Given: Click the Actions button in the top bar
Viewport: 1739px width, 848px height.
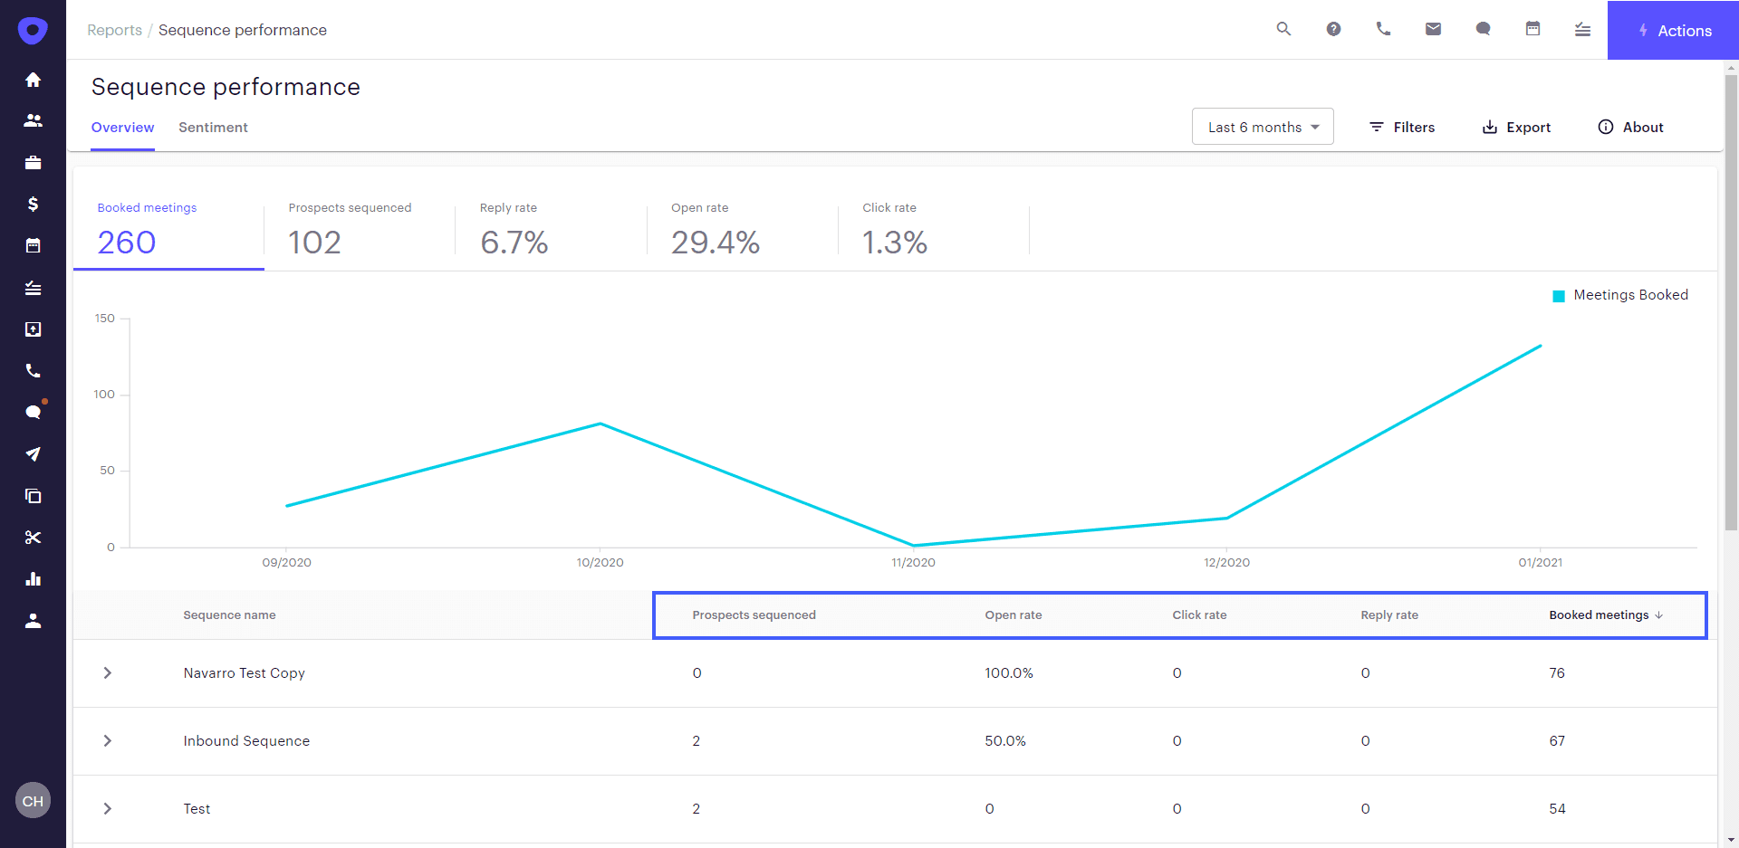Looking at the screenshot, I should click(1674, 31).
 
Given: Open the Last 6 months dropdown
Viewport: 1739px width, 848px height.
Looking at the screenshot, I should click(1263, 127).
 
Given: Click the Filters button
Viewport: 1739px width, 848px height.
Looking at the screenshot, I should click(1402, 127).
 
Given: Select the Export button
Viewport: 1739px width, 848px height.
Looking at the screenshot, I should click(1516, 127).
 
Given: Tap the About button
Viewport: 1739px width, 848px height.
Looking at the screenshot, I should click(1630, 127).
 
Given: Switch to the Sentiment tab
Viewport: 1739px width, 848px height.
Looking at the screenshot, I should click(213, 128).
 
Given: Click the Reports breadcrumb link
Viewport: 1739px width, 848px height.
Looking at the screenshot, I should click(114, 30).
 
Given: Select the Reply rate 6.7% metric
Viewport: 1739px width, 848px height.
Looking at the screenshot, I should click(514, 242).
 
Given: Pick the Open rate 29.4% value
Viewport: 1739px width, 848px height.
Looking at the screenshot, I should click(715, 242).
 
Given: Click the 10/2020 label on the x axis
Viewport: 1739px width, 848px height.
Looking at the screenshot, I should click(600, 562).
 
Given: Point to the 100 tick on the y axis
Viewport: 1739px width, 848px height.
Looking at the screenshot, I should click(104, 395).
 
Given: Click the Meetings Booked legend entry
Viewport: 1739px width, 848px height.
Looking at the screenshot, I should click(1621, 295).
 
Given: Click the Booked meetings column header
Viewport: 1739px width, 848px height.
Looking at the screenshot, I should click(1600, 615).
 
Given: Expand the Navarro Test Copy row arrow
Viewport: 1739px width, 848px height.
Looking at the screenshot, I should click(108, 673).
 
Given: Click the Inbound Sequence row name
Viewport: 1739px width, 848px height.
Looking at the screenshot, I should click(246, 741).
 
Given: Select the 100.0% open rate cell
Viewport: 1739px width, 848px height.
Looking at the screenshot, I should click(1009, 673).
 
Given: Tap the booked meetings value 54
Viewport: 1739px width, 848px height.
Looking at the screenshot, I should click(1557, 809).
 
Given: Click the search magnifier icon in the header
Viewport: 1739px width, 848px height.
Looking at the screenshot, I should click(1283, 29).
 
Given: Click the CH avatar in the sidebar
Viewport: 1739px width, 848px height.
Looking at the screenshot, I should click(34, 801).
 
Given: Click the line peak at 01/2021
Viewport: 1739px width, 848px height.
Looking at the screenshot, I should click(1540, 346).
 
